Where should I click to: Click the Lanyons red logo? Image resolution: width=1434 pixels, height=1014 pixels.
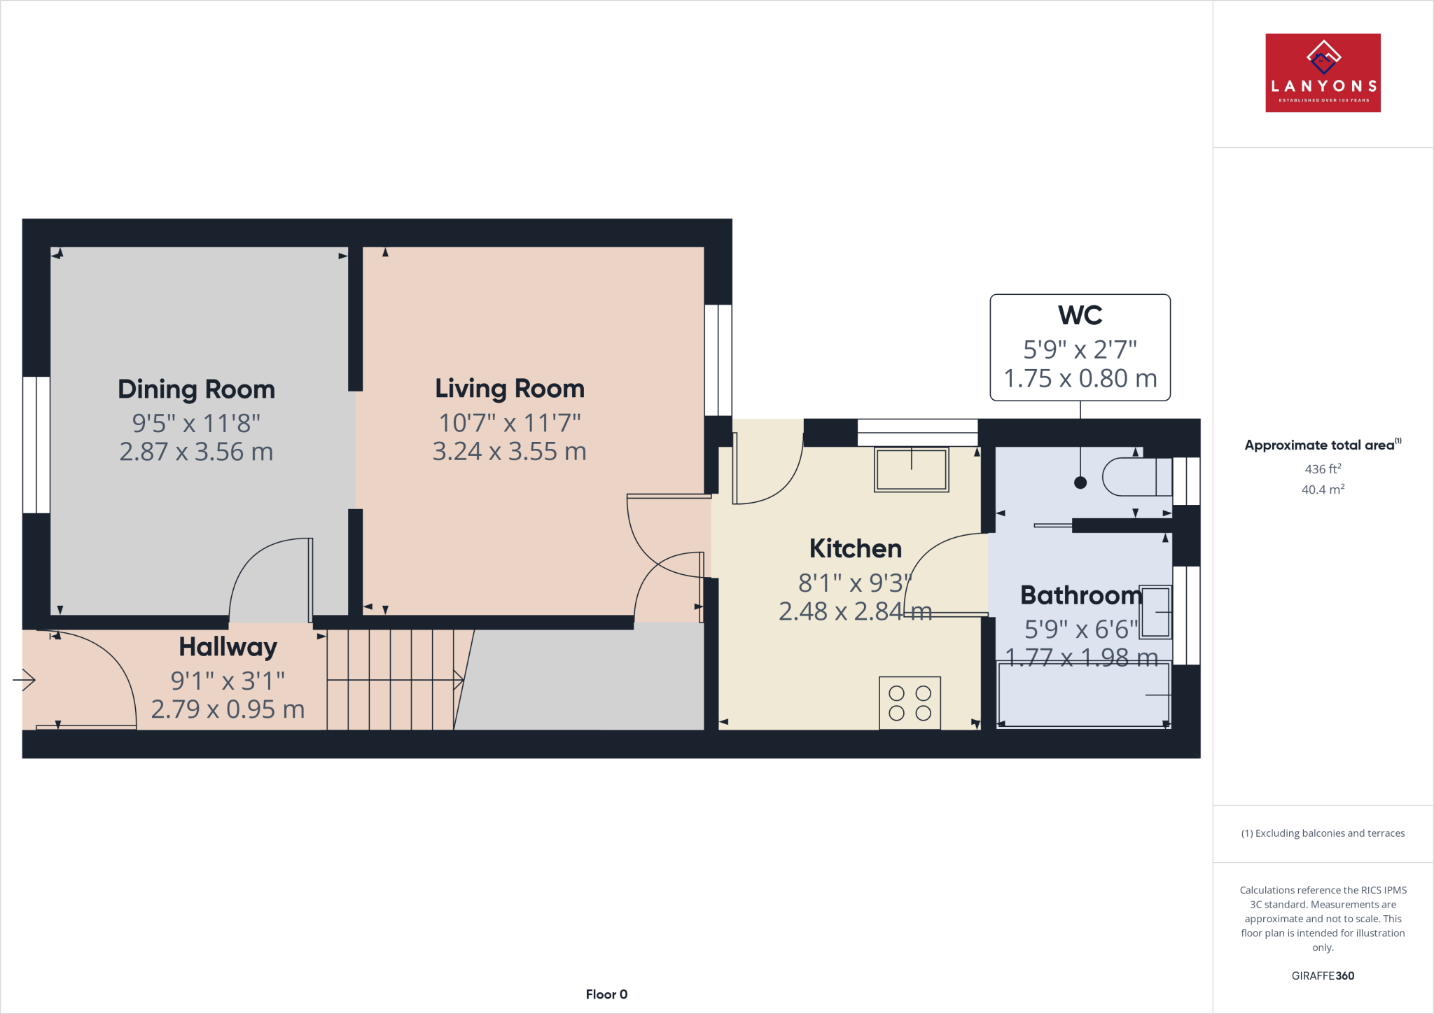click(x=1323, y=73)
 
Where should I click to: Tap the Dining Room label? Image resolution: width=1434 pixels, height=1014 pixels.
click(x=196, y=389)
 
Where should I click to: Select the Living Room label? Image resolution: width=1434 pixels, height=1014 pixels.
click(x=509, y=389)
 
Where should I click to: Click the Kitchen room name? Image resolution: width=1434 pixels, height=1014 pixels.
click(x=855, y=548)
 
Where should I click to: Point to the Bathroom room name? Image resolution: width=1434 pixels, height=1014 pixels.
click(x=1080, y=595)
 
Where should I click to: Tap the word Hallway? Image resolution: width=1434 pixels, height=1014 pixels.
click(x=228, y=647)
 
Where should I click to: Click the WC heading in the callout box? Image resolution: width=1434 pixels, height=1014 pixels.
click(x=1080, y=315)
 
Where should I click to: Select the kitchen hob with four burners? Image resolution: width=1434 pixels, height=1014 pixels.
click(x=910, y=703)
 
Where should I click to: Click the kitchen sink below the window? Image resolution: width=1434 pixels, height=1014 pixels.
click(x=911, y=469)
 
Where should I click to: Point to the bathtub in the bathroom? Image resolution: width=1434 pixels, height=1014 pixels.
click(x=1083, y=695)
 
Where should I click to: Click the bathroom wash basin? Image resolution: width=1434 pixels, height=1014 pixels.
click(x=1156, y=612)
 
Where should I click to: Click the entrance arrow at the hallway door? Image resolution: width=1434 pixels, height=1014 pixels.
click(x=25, y=679)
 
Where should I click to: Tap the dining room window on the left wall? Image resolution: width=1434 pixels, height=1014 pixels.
click(x=36, y=445)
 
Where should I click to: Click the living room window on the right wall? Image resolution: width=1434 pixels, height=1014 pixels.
click(x=718, y=360)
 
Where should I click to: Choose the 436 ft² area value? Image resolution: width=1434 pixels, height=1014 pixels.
click(x=1322, y=469)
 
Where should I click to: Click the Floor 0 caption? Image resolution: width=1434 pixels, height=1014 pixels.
click(x=606, y=994)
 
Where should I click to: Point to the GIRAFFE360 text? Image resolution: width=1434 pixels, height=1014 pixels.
click(x=1322, y=975)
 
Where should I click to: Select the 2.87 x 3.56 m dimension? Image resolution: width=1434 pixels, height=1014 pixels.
click(x=196, y=452)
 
